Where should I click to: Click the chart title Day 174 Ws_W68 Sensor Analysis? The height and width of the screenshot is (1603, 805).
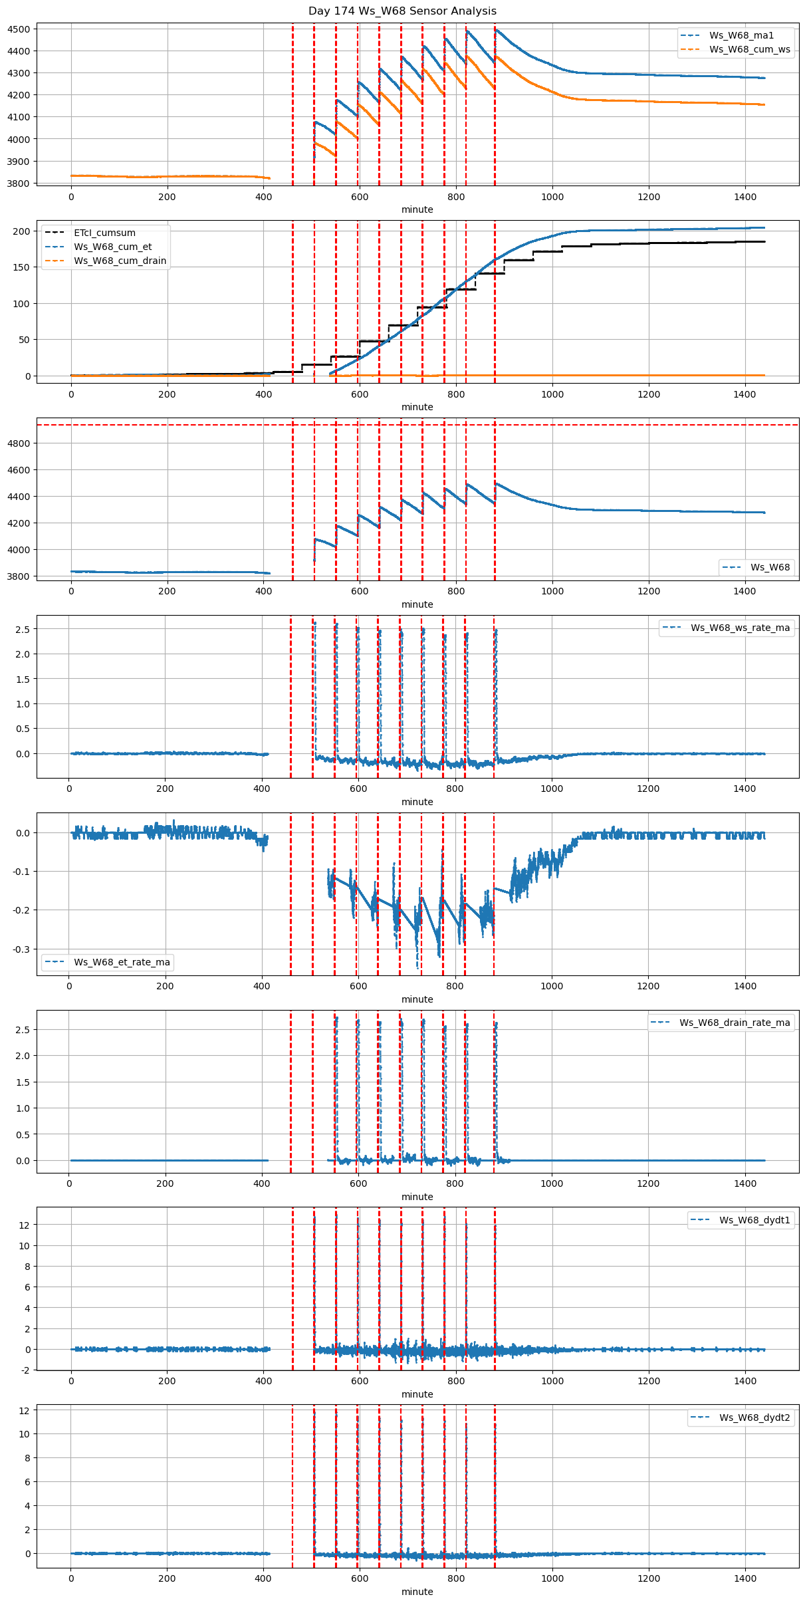click(x=402, y=11)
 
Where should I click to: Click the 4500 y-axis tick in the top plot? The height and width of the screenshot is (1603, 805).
click(x=19, y=29)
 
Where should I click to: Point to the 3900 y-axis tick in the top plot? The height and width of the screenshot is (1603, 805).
click(x=19, y=162)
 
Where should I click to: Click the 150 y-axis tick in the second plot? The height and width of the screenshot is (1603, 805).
click(x=23, y=267)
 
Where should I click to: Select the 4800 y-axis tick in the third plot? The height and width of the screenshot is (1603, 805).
click(x=19, y=443)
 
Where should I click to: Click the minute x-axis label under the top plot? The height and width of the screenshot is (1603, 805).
click(x=417, y=209)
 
